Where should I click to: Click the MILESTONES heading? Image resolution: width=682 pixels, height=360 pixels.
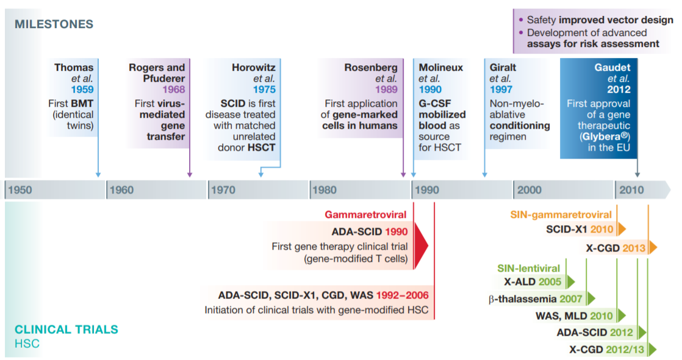(54, 24)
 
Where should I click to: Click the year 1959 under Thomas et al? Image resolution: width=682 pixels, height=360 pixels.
(82, 89)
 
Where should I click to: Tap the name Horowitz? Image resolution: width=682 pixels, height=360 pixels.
(254, 67)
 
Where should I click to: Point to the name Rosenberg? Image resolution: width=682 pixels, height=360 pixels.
(371, 67)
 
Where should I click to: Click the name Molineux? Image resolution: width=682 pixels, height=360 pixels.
(440, 67)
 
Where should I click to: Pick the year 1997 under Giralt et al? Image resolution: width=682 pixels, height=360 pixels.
(502, 89)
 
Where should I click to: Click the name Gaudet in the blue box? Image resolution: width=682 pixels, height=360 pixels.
(612, 67)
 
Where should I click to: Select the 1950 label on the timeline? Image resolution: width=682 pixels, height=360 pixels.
(20, 190)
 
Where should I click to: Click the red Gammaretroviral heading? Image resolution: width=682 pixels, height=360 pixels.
(366, 215)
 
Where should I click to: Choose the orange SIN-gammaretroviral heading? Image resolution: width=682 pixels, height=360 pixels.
(561, 215)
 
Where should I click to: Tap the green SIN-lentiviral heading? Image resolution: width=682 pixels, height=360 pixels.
(528, 268)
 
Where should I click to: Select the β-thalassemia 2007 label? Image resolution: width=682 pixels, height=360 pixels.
(536, 299)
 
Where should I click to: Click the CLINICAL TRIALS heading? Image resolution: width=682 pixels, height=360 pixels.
(66, 329)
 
